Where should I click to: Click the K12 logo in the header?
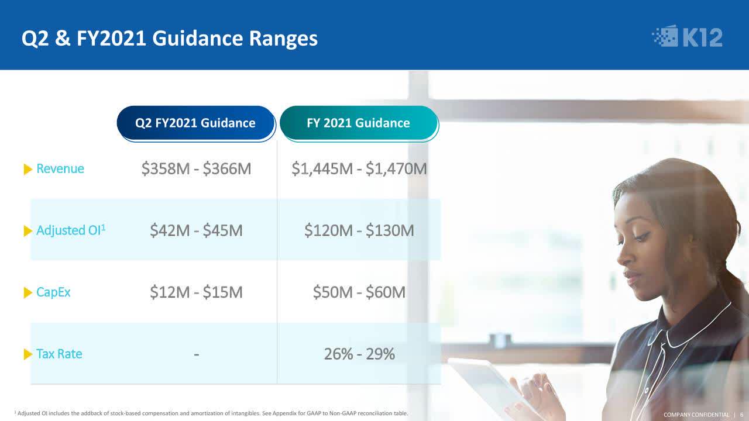click(x=687, y=36)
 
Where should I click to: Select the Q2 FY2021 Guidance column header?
click(x=195, y=123)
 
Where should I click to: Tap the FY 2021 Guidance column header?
click(x=359, y=123)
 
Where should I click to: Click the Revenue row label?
click(x=60, y=169)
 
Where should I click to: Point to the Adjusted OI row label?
click(x=71, y=230)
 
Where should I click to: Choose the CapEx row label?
click(x=53, y=292)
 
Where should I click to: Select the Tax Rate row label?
click(x=59, y=354)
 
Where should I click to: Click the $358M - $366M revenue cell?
click(x=196, y=169)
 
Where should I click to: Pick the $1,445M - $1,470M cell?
click(x=359, y=169)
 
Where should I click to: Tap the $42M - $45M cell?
click(x=196, y=230)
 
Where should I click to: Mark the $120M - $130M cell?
click(x=359, y=230)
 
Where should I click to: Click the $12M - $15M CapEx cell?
click(x=196, y=292)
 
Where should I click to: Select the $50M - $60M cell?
click(x=359, y=292)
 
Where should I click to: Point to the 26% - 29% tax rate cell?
click(x=359, y=354)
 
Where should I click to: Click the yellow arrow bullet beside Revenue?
click(x=28, y=170)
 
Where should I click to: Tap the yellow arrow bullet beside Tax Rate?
click(x=28, y=354)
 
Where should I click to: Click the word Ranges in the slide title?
click(x=283, y=39)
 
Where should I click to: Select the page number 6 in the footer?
click(x=741, y=415)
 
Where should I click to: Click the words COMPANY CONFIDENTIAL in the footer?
click(x=696, y=415)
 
